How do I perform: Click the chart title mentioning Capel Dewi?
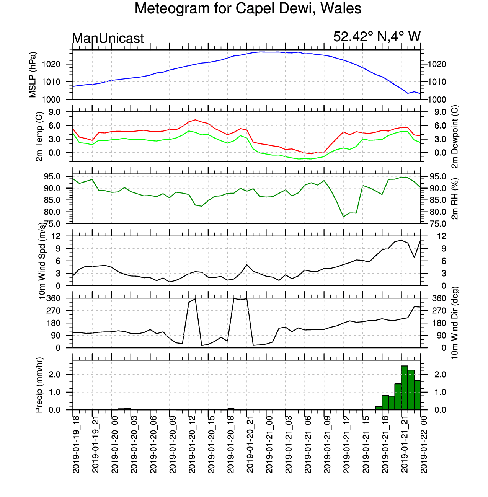pyautogui.click(x=248, y=8)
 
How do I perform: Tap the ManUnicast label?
pyautogui.click(x=108, y=38)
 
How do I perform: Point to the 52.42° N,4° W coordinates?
pyautogui.click(x=377, y=36)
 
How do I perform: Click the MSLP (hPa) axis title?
pyautogui.click(x=33, y=75)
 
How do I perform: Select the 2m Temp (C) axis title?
pyautogui.click(x=39, y=137)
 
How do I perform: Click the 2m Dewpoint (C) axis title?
pyautogui.click(x=455, y=137)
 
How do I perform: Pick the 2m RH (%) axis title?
pyautogui.click(x=455, y=199)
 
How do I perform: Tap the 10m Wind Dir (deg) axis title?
pyautogui.click(x=455, y=323)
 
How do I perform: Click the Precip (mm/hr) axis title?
pyautogui.click(x=39, y=385)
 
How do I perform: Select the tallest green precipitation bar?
pyautogui.click(x=405, y=388)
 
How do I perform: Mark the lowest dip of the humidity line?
pyautogui.click(x=343, y=217)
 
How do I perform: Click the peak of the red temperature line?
pyautogui.click(x=195, y=120)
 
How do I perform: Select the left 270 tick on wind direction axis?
pyautogui.click(x=54, y=311)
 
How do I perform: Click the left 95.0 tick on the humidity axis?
pyautogui.click(x=53, y=177)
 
